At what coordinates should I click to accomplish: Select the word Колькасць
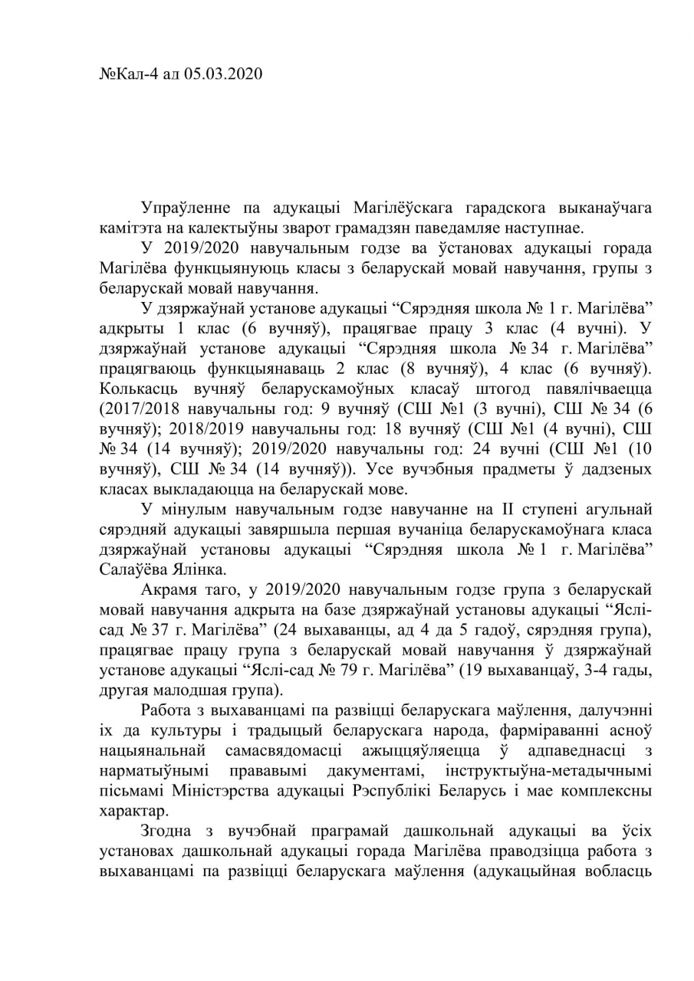tap(130, 389)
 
